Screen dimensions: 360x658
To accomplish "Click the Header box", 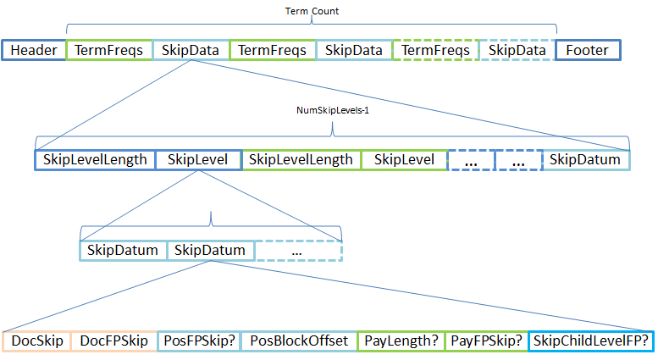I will pos(34,51).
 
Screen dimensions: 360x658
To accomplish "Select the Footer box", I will pos(588,51).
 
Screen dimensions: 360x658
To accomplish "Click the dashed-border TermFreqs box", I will pos(436,51).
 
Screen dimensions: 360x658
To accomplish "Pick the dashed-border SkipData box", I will pos(517,51).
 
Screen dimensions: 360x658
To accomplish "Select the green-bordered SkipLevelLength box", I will pos(301,159).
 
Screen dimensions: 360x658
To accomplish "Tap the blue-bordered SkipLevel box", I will pos(198,159).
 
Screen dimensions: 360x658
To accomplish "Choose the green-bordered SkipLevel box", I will pos(404,159).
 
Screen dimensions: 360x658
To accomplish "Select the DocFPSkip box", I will pos(113,341).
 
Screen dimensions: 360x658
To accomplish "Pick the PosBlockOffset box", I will pos(299,341).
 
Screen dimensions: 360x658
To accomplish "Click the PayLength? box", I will pos(401,341).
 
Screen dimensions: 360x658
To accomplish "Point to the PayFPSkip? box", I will pos(486,341).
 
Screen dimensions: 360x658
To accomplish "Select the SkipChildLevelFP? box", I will pos(591,341).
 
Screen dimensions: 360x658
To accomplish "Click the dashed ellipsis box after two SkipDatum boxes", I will pos(298,251).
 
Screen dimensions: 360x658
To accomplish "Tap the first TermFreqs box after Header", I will pos(108,51).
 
